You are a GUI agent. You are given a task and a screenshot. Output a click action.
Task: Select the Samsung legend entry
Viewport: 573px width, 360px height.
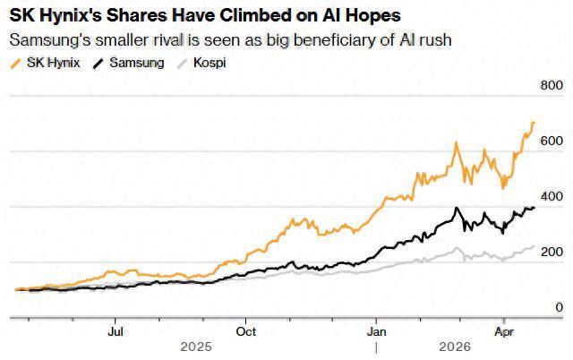pyautogui.click(x=135, y=64)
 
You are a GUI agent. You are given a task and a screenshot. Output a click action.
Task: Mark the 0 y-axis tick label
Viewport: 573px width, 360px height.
pyautogui.click(x=559, y=307)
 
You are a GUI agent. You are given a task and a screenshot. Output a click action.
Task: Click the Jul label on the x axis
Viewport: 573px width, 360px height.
pyautogui.click(x=115, y=329)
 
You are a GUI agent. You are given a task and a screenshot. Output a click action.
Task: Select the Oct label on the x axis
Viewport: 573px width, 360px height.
pyautogui.click(x=245, y=329)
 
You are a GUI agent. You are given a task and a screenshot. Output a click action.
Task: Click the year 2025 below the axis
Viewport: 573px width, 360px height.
pyautogui.click(x=196, y=346)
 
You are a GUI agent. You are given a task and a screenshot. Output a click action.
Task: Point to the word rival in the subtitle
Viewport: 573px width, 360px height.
pyautogui.click(x=165, y=40)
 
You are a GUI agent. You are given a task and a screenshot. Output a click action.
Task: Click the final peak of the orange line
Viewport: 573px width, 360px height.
pyautogui.click(x=534, y=123)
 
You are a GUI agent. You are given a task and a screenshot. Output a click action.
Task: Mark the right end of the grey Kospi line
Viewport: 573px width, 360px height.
pyautogui.click(x=535, y=245)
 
